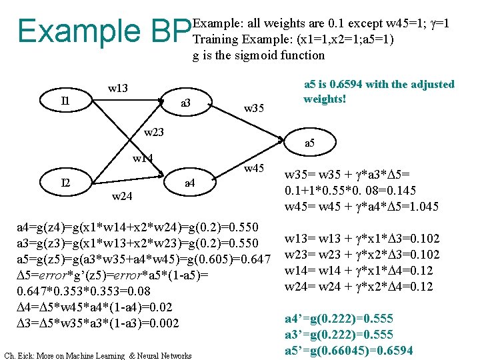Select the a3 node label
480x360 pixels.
(186, 103)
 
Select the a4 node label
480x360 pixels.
(189, 182)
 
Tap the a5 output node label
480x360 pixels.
(311, 143)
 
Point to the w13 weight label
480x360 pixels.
(118, 89)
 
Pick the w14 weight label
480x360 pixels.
(143, 159)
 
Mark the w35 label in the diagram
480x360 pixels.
(254, 107)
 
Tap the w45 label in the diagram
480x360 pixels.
(254, 168)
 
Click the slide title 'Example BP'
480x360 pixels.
(103, 30)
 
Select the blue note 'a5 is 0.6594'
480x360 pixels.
(379, 91)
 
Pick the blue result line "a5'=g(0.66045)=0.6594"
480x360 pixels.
(349, 350)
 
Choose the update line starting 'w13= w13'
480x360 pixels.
(362, 239)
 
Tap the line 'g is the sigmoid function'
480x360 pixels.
(259, 55)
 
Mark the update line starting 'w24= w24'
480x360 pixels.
(359, 287)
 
